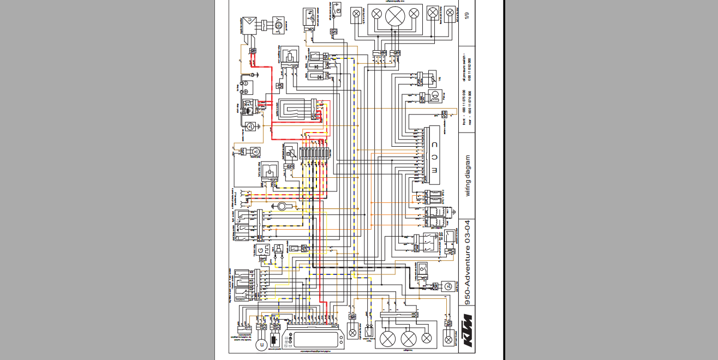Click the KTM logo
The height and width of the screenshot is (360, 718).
point(466,331)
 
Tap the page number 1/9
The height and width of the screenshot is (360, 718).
point(466,16)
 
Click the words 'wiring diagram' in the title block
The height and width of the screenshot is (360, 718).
point(467,175)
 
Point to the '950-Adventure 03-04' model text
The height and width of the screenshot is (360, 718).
point(467,262)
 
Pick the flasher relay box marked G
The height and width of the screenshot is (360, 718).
point(261,250)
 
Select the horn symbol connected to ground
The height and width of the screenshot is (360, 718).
point(283,206)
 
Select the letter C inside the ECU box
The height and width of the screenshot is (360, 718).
point(435,145)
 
